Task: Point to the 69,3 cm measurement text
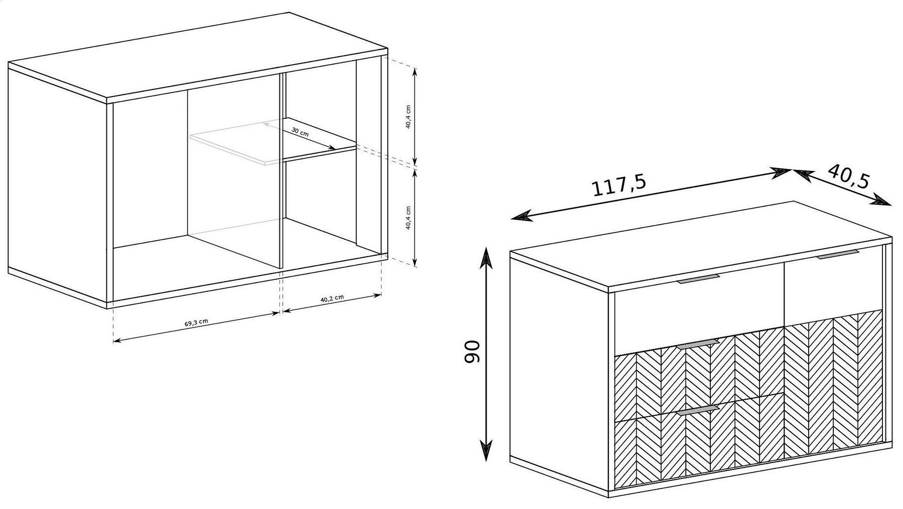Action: click(196, 322)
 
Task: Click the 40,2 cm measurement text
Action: click(332, 299)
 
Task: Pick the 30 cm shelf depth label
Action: click(300, 132)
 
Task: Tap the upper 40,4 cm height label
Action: click(408, 116)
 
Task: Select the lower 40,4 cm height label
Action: click(408, 217)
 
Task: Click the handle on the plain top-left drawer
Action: click(698, 278)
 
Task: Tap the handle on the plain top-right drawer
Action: click(838, 254)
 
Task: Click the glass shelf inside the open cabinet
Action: click(273, 141)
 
